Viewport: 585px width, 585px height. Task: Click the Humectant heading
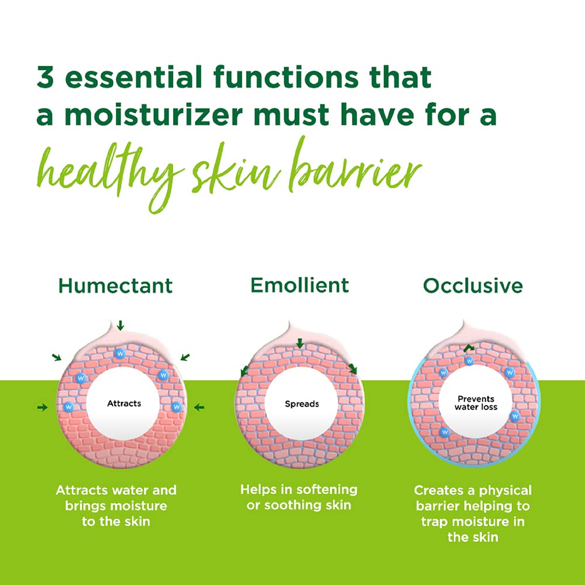pos(116,285)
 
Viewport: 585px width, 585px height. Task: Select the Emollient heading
pos(300,285)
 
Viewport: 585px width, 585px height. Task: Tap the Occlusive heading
pos(473,285)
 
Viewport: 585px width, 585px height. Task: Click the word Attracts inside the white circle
pos(124,403)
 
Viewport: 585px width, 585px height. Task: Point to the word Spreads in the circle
pos(302,404)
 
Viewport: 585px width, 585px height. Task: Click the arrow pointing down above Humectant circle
pos(121,325)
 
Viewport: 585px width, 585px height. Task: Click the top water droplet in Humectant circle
pos(121,354)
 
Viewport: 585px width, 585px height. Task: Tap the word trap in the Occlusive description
pos(431,521)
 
